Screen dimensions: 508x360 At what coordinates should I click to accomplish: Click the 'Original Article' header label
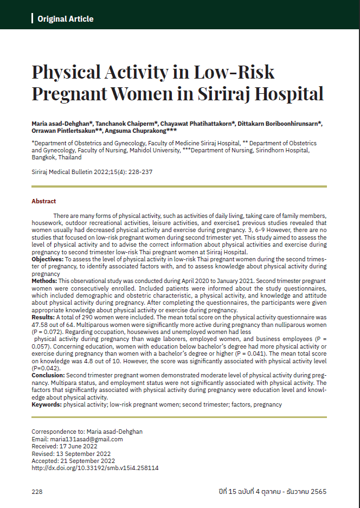[x=65, y=19]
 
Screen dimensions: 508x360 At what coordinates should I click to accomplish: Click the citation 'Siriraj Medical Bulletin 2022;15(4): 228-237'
[x=92, y=171]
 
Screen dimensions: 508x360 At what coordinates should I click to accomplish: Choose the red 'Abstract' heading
[x=44, y=201]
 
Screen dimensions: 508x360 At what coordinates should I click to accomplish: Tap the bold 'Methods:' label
[x=44, y=281]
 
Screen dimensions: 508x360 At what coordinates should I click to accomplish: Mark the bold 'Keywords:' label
[x=47, y=404]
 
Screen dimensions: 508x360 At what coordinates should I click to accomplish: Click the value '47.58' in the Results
[x=41, y=324]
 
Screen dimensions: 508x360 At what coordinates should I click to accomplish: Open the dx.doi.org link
[x=95, y=467]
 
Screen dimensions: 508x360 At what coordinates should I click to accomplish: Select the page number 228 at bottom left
[x=37, y=492]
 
